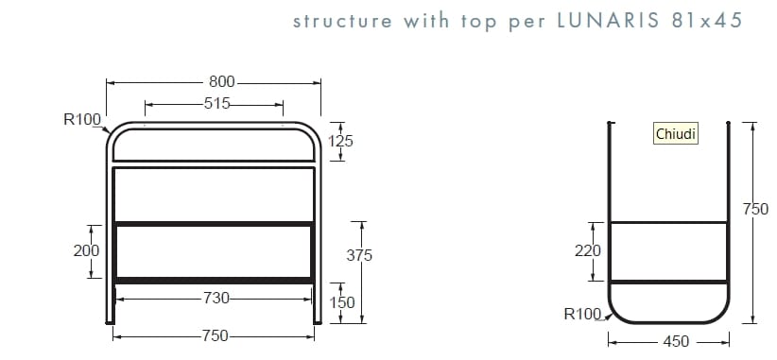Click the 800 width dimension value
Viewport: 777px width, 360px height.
click(222, 83)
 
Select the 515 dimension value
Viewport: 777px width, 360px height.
click(217, 104)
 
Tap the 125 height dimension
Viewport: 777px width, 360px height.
click(340, 141)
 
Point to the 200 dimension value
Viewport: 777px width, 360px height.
click(85, 251)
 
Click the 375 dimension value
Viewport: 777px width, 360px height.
click(360, 255)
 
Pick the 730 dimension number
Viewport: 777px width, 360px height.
click(216, 299)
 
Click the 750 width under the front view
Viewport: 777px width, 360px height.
click(216, 335)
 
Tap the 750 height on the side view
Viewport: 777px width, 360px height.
click(756, 210)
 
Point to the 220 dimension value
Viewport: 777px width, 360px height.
click(587, 251)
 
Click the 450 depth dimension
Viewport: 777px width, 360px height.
click(676, 341)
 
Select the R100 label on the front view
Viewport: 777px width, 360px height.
click(82, 119)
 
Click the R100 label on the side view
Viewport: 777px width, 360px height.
click(582, 314)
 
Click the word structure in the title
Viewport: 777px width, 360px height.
click(343, 21)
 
